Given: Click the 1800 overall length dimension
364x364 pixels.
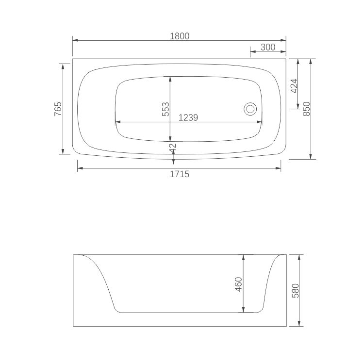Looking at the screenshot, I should (179, 35).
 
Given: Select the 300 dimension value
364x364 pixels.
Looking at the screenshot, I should (268, 47).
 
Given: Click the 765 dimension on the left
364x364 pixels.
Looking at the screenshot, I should (58, 108).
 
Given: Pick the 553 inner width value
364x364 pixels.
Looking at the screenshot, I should (165, 108).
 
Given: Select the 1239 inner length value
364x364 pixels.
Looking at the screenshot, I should (189, 117).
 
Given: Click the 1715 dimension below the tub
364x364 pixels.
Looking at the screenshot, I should (179, 174).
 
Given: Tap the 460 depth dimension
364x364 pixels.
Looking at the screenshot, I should (238, 284).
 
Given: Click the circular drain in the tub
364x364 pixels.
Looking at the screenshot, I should (250, 109).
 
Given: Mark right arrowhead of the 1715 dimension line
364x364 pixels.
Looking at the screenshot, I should (279, 168).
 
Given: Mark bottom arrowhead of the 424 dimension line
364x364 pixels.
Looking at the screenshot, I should (298, 107).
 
